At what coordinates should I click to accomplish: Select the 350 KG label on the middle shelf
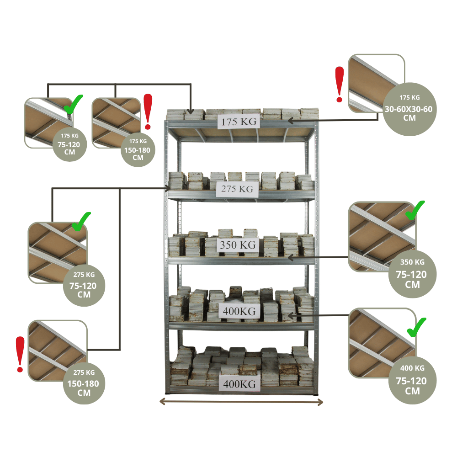click(238, 245)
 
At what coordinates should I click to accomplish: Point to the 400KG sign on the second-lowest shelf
click(240, 312)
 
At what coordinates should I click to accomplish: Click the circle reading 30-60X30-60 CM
click(409, 109)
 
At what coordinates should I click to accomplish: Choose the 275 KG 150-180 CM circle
click(84, 383)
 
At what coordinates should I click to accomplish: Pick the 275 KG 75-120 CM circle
click(84, 285)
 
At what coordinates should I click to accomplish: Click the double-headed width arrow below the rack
click(241, 402)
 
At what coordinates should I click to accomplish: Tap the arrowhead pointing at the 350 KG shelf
click(290, 258)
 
